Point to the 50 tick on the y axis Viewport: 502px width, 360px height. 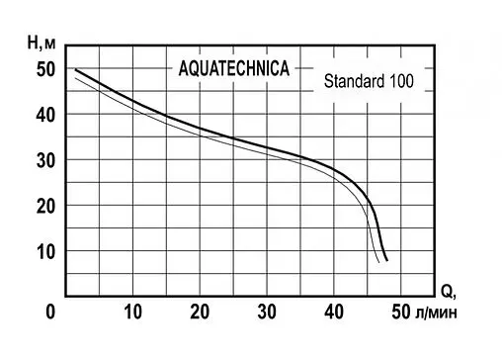coord(45,69)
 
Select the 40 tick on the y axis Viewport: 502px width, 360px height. coord(45,115)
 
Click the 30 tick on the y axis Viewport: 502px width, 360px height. coord(45,160)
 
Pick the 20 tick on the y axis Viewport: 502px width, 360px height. coord(45,206)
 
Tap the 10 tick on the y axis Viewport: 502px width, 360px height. coord(45,251)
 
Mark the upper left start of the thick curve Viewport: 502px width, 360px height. coord(76,69)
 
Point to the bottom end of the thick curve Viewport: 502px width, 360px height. coord(387,260)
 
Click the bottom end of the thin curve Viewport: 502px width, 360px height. coord(380,262)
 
